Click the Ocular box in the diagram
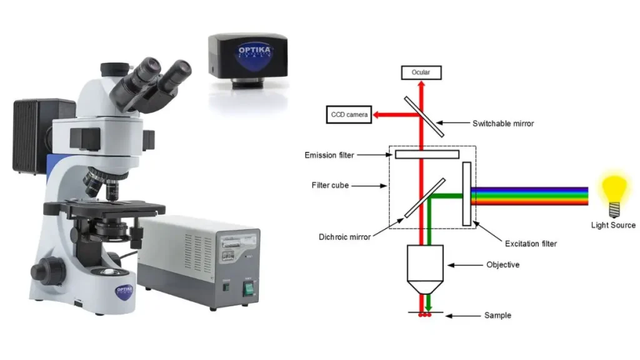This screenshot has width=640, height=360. [x=421, y=72]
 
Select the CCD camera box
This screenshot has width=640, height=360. [x=349, y=115]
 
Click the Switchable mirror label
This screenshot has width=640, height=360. [x=503, y=123]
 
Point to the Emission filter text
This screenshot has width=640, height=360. [x=329, y=155]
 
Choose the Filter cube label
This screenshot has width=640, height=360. [x=330, y=185]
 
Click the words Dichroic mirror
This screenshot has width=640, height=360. [x=344, y=237]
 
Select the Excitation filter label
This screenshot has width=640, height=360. [x=531, y=244]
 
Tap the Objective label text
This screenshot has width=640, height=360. [x=503, y=265]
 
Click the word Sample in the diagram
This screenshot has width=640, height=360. [x=497, y=316]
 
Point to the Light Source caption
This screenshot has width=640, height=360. [x=613, y=225]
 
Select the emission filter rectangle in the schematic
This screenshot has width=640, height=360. [x=427, y=154]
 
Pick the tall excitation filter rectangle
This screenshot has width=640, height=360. [x=466, y=194]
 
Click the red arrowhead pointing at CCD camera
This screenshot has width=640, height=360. [x=376, y=115]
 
